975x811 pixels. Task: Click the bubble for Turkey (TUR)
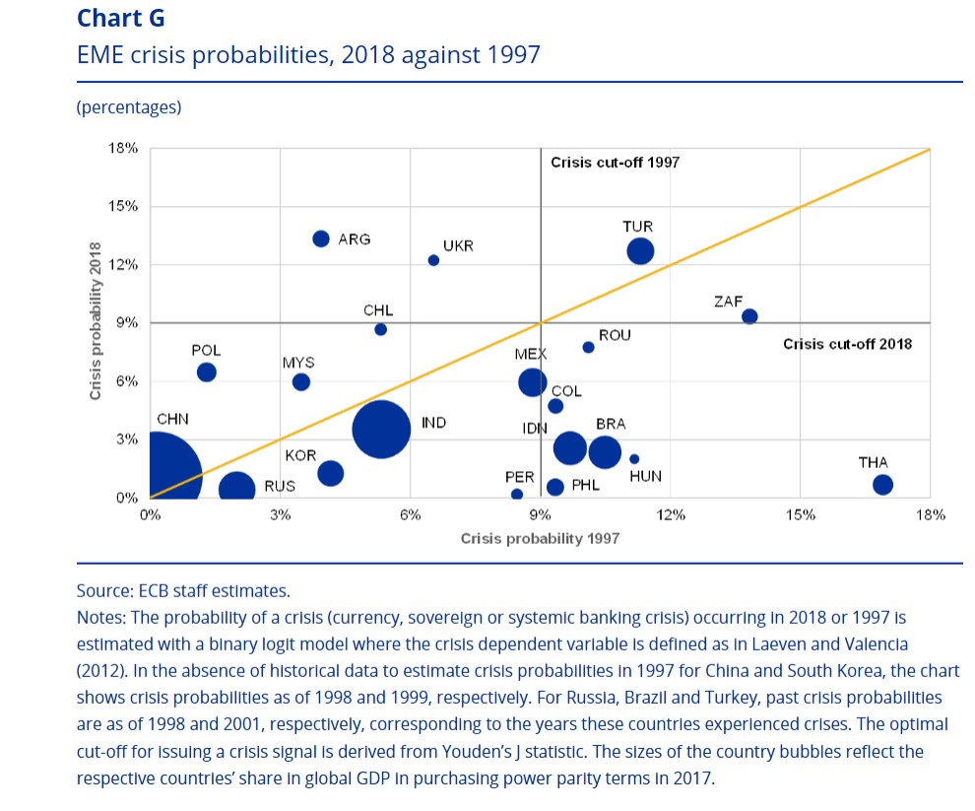(x=640, y=251)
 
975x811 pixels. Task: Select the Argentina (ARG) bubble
(x=321, y=238)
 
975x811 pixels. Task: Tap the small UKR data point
(x=433, y=260)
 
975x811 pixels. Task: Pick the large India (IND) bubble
(x=381, y=430)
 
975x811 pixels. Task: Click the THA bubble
(x=882, y=484)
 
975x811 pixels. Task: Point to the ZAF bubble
(x=749, y=316)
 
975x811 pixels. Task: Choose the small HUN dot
(x=634, y=459)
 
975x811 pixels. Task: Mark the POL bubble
(x=207, y=372)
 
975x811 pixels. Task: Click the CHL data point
(x=380, y=329)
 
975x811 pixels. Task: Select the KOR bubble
(x=331, y=473)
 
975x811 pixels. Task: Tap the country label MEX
(x=530, y=354)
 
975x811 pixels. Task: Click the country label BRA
(x=611, y=425)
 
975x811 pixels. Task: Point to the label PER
(x=519, y=478)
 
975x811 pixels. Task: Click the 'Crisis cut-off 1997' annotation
(x=615, y=163)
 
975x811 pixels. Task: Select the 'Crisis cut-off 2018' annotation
(x=847, y=344)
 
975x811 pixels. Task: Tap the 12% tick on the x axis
(x=671, y=514)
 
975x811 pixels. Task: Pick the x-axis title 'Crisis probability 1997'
(x=540, y=539)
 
